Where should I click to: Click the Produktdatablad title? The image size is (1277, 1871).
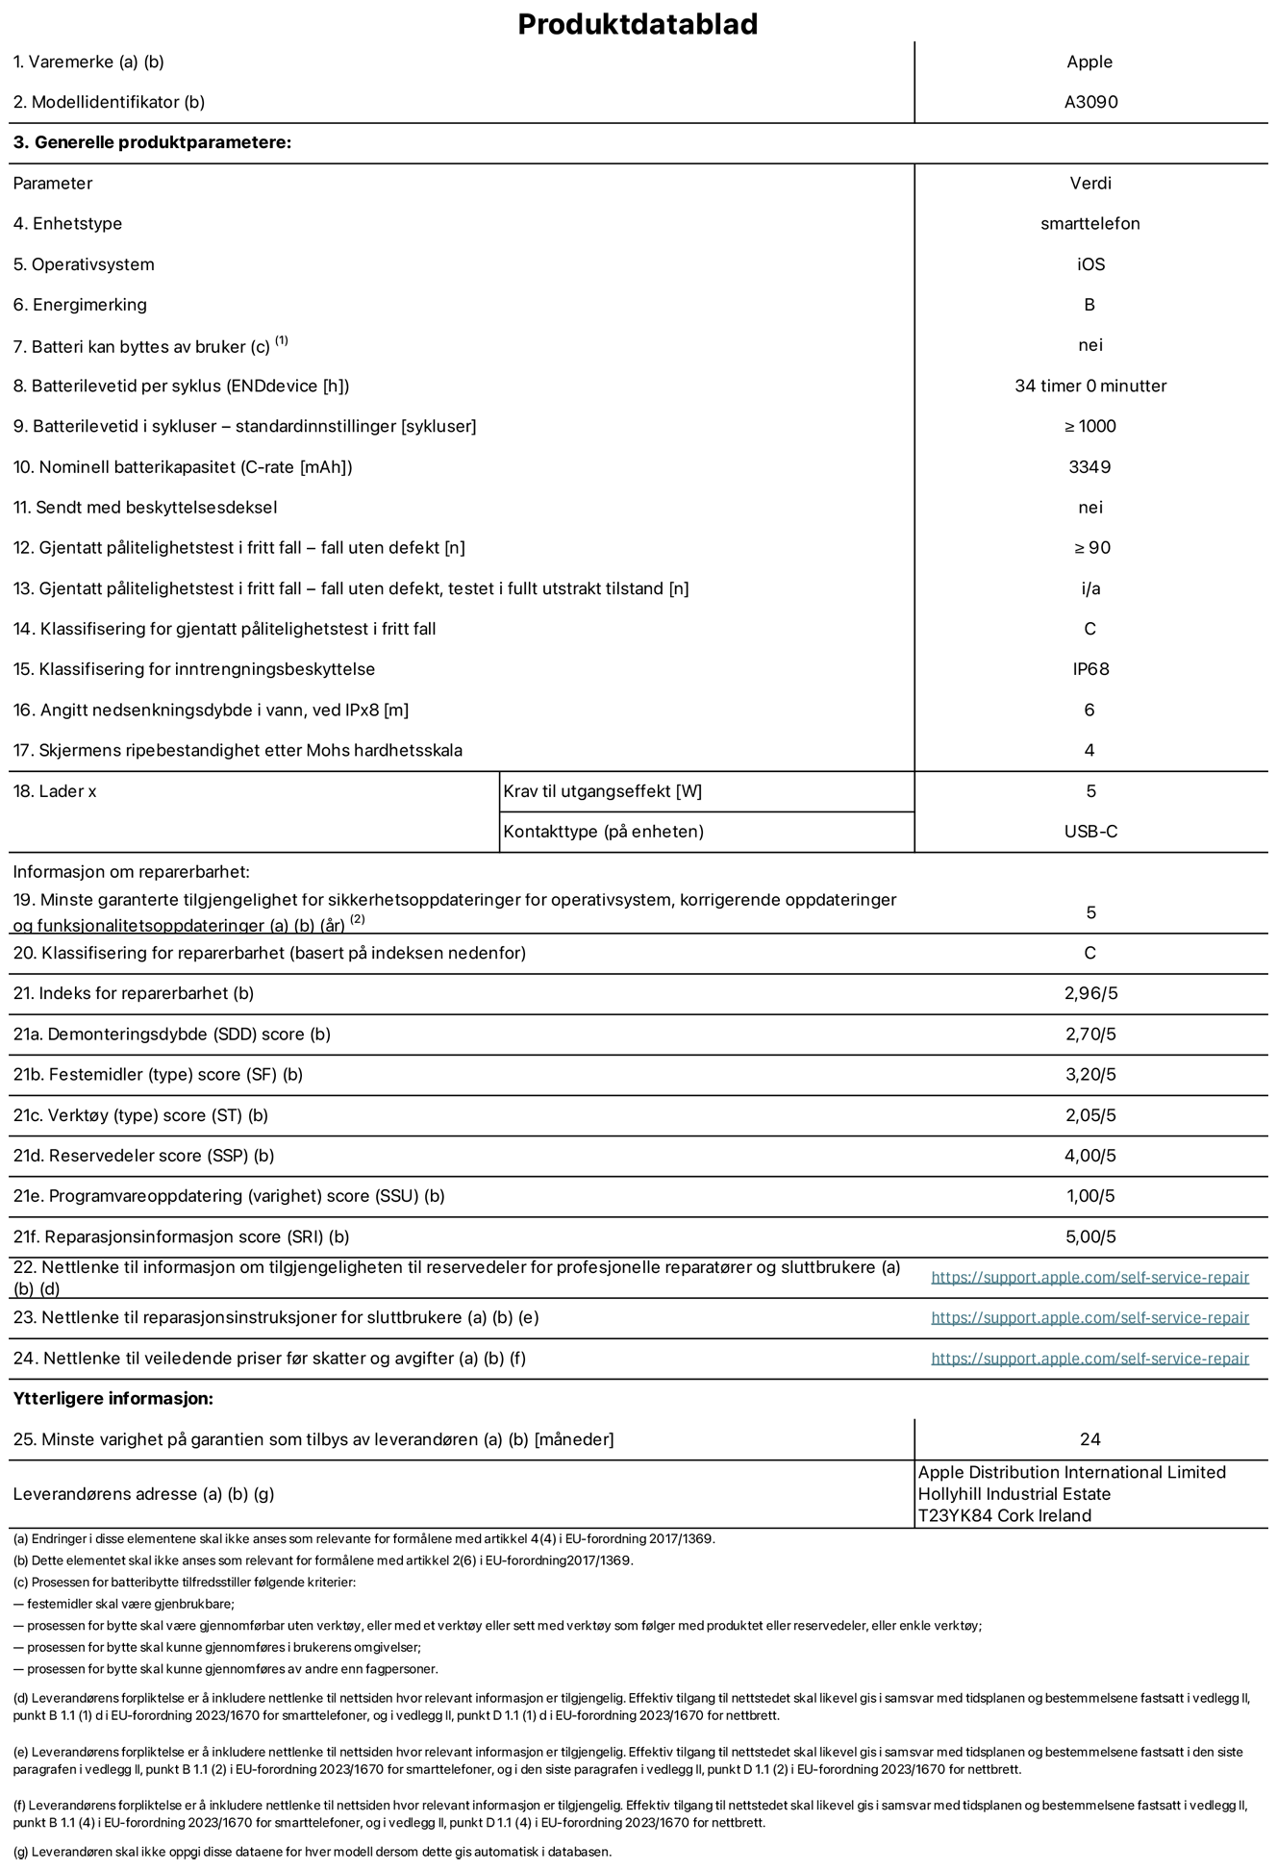coord(638,24)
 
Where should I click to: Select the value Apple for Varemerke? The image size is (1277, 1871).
coord(1089,62)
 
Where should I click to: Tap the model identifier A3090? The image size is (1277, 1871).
coord(1090,102)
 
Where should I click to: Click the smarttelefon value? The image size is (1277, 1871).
coord(1089,223)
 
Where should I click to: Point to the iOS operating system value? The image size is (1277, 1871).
coord(1090,264)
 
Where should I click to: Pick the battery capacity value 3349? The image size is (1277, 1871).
coord(1089,466)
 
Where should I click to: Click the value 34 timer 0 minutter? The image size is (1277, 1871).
coord(1090,386)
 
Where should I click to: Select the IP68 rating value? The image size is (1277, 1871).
coord(1090,669)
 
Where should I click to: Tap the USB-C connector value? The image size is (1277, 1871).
coord(1090,832)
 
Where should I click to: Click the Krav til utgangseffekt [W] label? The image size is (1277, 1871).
coord(603,791)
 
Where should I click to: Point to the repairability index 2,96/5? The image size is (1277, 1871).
coord(1090,993)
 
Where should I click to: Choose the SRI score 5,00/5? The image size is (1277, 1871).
coord(1090,1236)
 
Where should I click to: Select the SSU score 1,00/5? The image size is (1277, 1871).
coord(1090,1196)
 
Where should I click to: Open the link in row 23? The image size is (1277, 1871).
coord(1089,1318)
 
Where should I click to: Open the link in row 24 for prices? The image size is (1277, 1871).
coord(1089,1359)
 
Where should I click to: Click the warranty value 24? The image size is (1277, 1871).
coord(1089,1439)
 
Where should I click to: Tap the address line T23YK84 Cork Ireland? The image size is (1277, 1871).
coord(1005,1515)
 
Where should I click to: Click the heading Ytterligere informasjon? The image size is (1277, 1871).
coord(113,1398)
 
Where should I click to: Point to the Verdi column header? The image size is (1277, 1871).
coord(1090,183)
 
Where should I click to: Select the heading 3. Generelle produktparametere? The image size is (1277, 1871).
coord(152,142)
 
